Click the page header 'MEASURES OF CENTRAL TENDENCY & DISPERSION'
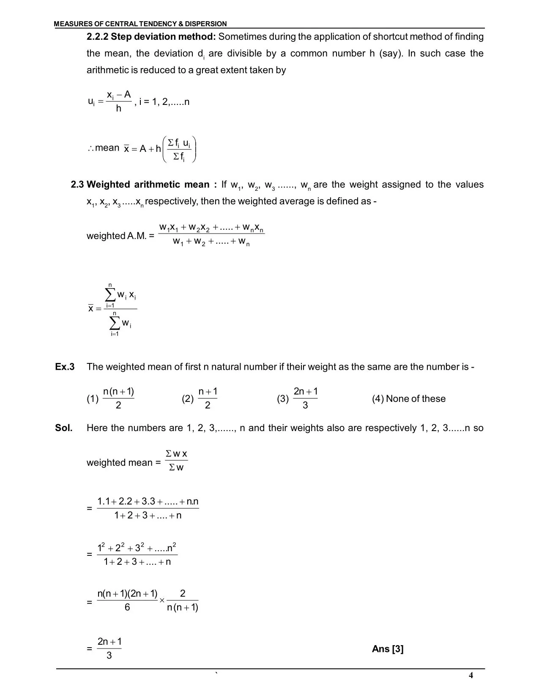[140, 24]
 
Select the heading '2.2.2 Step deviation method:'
[151, 37]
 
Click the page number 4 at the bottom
[471, 675]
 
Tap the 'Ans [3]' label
[388, 649]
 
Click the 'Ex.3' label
[65, 367]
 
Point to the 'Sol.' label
[64, 428]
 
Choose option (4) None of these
[409, 399]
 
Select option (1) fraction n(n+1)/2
[118, 398]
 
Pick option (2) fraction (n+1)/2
[208, 398]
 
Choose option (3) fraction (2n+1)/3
[305, 398]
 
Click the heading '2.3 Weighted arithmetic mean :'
[144, 185]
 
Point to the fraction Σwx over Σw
[176, 461]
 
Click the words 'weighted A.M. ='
[120, 236]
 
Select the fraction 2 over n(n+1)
[183, 601]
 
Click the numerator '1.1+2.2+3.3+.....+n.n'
[148, 502]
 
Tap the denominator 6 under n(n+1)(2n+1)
[127, 608]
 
